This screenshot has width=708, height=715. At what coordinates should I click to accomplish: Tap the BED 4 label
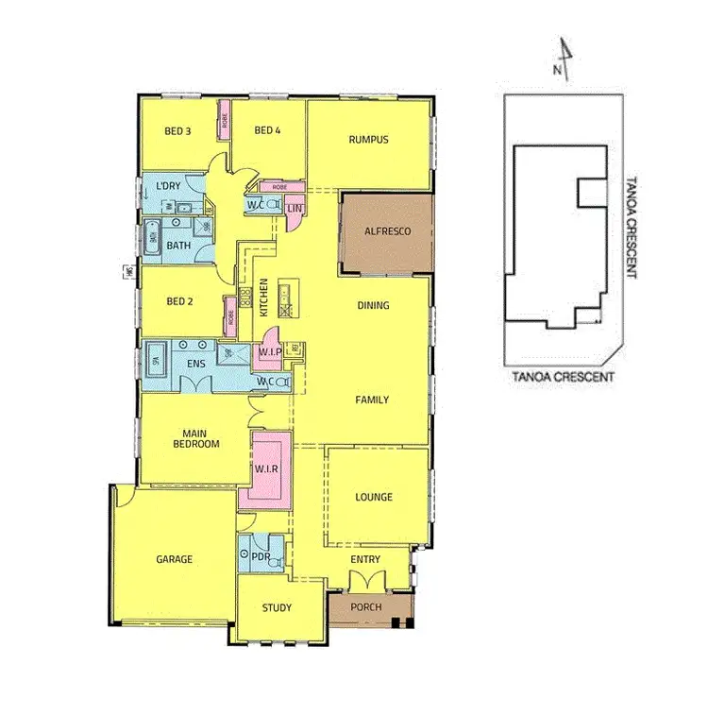[268, 130]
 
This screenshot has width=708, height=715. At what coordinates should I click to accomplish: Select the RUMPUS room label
[368, 140]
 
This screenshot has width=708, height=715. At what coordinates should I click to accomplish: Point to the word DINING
[373, 305]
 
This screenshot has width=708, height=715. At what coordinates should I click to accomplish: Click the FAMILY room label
[372, 400]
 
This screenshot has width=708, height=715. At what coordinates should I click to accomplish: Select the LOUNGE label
[374, 497]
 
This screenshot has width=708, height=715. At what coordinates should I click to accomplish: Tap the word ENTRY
[365, 560]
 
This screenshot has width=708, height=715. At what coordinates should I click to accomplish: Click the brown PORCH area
[365, 607]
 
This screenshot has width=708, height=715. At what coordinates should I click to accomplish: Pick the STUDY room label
[278, 607]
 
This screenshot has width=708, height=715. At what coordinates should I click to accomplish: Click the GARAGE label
[174, 559]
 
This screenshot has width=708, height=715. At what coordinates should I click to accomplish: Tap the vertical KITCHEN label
[265, 297]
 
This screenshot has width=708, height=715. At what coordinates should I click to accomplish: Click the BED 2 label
[179, 302]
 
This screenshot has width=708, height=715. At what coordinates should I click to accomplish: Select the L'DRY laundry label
[170, 184]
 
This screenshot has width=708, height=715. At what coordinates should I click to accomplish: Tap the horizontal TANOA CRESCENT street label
[563, 376]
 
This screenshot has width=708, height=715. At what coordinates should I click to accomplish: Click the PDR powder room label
[260, 556]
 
